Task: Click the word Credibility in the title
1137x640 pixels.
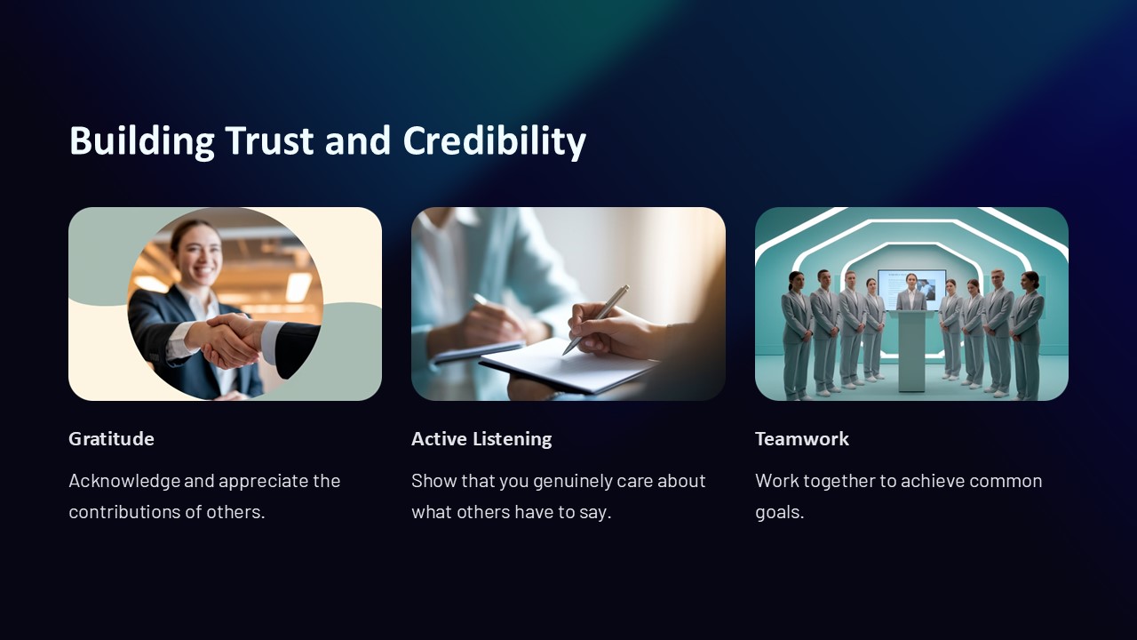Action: pos(494,140)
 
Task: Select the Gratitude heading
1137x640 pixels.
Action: pos(111,438)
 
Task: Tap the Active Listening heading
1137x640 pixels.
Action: pos(481,438)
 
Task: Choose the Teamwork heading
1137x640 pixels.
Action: pos(801,438)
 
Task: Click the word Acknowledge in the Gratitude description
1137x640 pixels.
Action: pos(123,481)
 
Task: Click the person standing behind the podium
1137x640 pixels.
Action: pos(911,293)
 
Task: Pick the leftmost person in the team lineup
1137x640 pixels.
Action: pos(796,333)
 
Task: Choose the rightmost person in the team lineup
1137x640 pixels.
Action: pos(1029,333)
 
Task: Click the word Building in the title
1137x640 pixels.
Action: pos(141,140)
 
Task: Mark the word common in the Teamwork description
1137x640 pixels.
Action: pos(1006,481)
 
